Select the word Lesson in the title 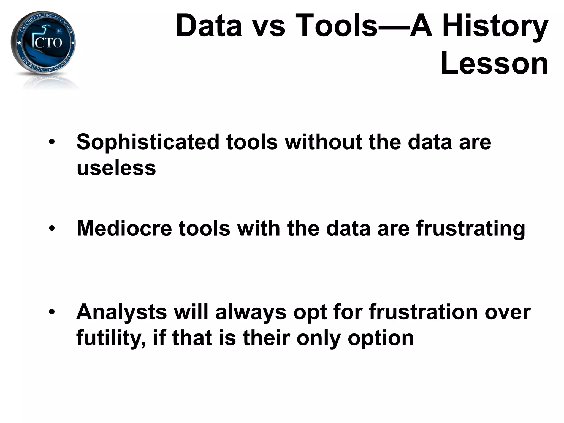(x=494, y=64)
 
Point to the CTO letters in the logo (x=48, y=43)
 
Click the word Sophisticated (x=148, y=142)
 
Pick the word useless (x=116, y=168)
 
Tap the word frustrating (x=470, y=229)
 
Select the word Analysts (x=121, y=312)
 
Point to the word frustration (x=423, y=312)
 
